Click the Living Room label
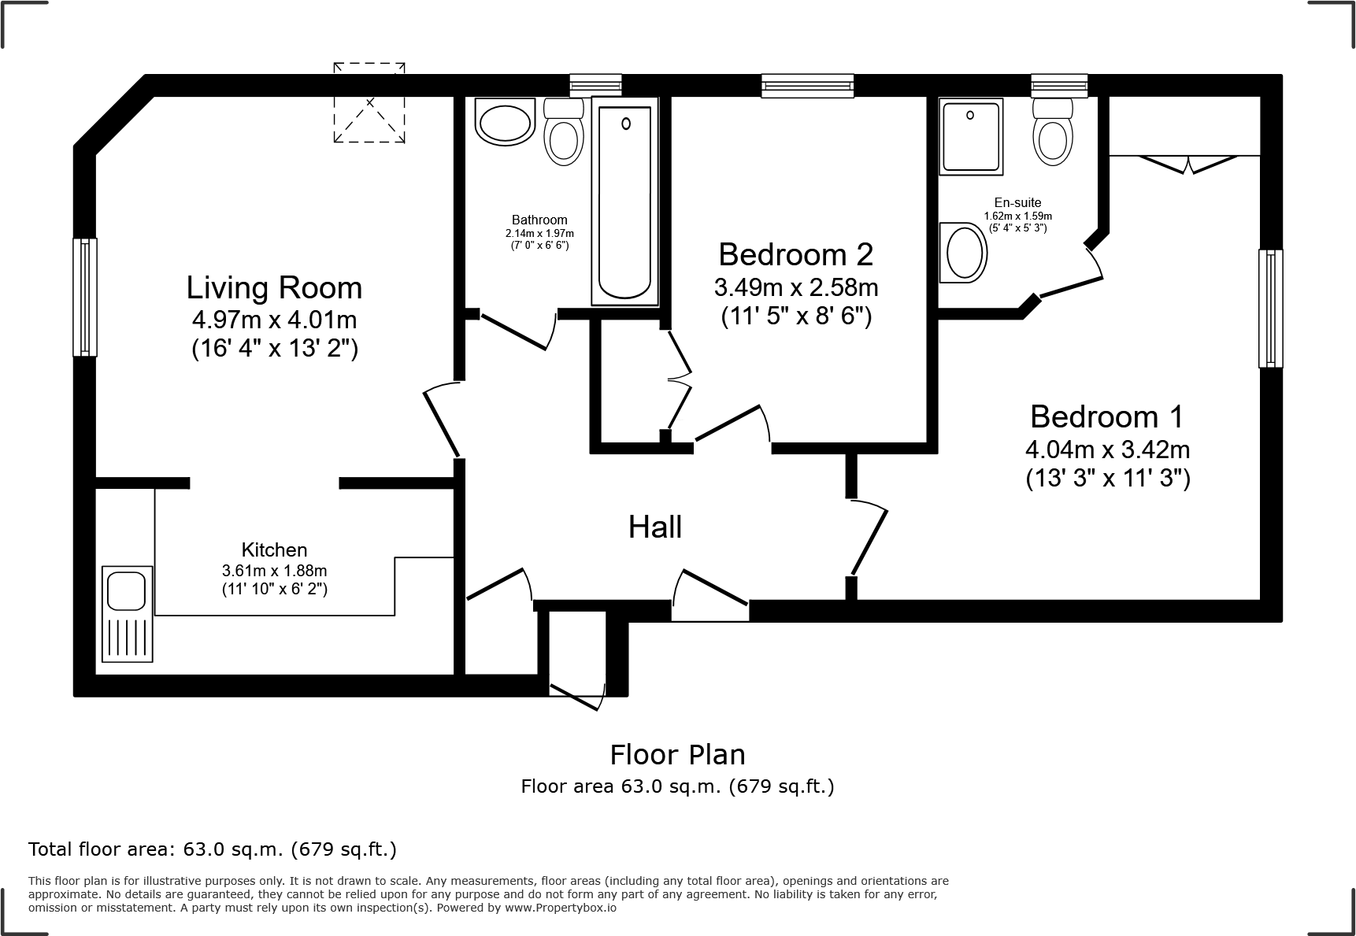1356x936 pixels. [x=274, y=288]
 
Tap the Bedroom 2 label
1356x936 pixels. [x=795, y=254]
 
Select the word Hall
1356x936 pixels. [x=654, y=527]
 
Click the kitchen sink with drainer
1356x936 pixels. [x=127, y=613]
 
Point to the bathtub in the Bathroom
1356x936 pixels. [x=625, y=202]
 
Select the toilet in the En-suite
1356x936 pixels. [x=1054, y=132]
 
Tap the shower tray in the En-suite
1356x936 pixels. [x=970, y=136]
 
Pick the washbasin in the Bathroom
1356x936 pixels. [x=505, y=123]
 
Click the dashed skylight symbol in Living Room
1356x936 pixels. [x=369, y=103]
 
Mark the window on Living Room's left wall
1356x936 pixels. [x=85, y=297]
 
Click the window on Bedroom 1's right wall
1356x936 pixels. [x=1269, y=308]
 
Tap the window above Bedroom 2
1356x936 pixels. [x=807, y=85]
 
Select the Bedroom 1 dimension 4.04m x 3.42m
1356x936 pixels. [x=1106, y=450]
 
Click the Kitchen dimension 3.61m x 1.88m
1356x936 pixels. [x=274, y=570]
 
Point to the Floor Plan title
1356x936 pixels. [x=677, y=755]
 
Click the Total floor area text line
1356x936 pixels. [x=212, y=849]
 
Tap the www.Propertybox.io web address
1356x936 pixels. [x=560, y=908]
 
